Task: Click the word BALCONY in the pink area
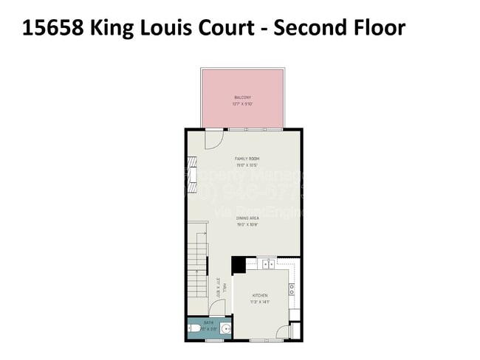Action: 242,97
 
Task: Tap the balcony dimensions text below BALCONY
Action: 242,104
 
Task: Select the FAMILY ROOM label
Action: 247,159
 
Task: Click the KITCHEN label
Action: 260,295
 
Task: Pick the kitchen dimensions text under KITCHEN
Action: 260,302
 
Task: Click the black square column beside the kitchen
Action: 239,265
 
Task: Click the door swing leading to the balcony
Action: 215,136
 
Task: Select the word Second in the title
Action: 303,28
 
